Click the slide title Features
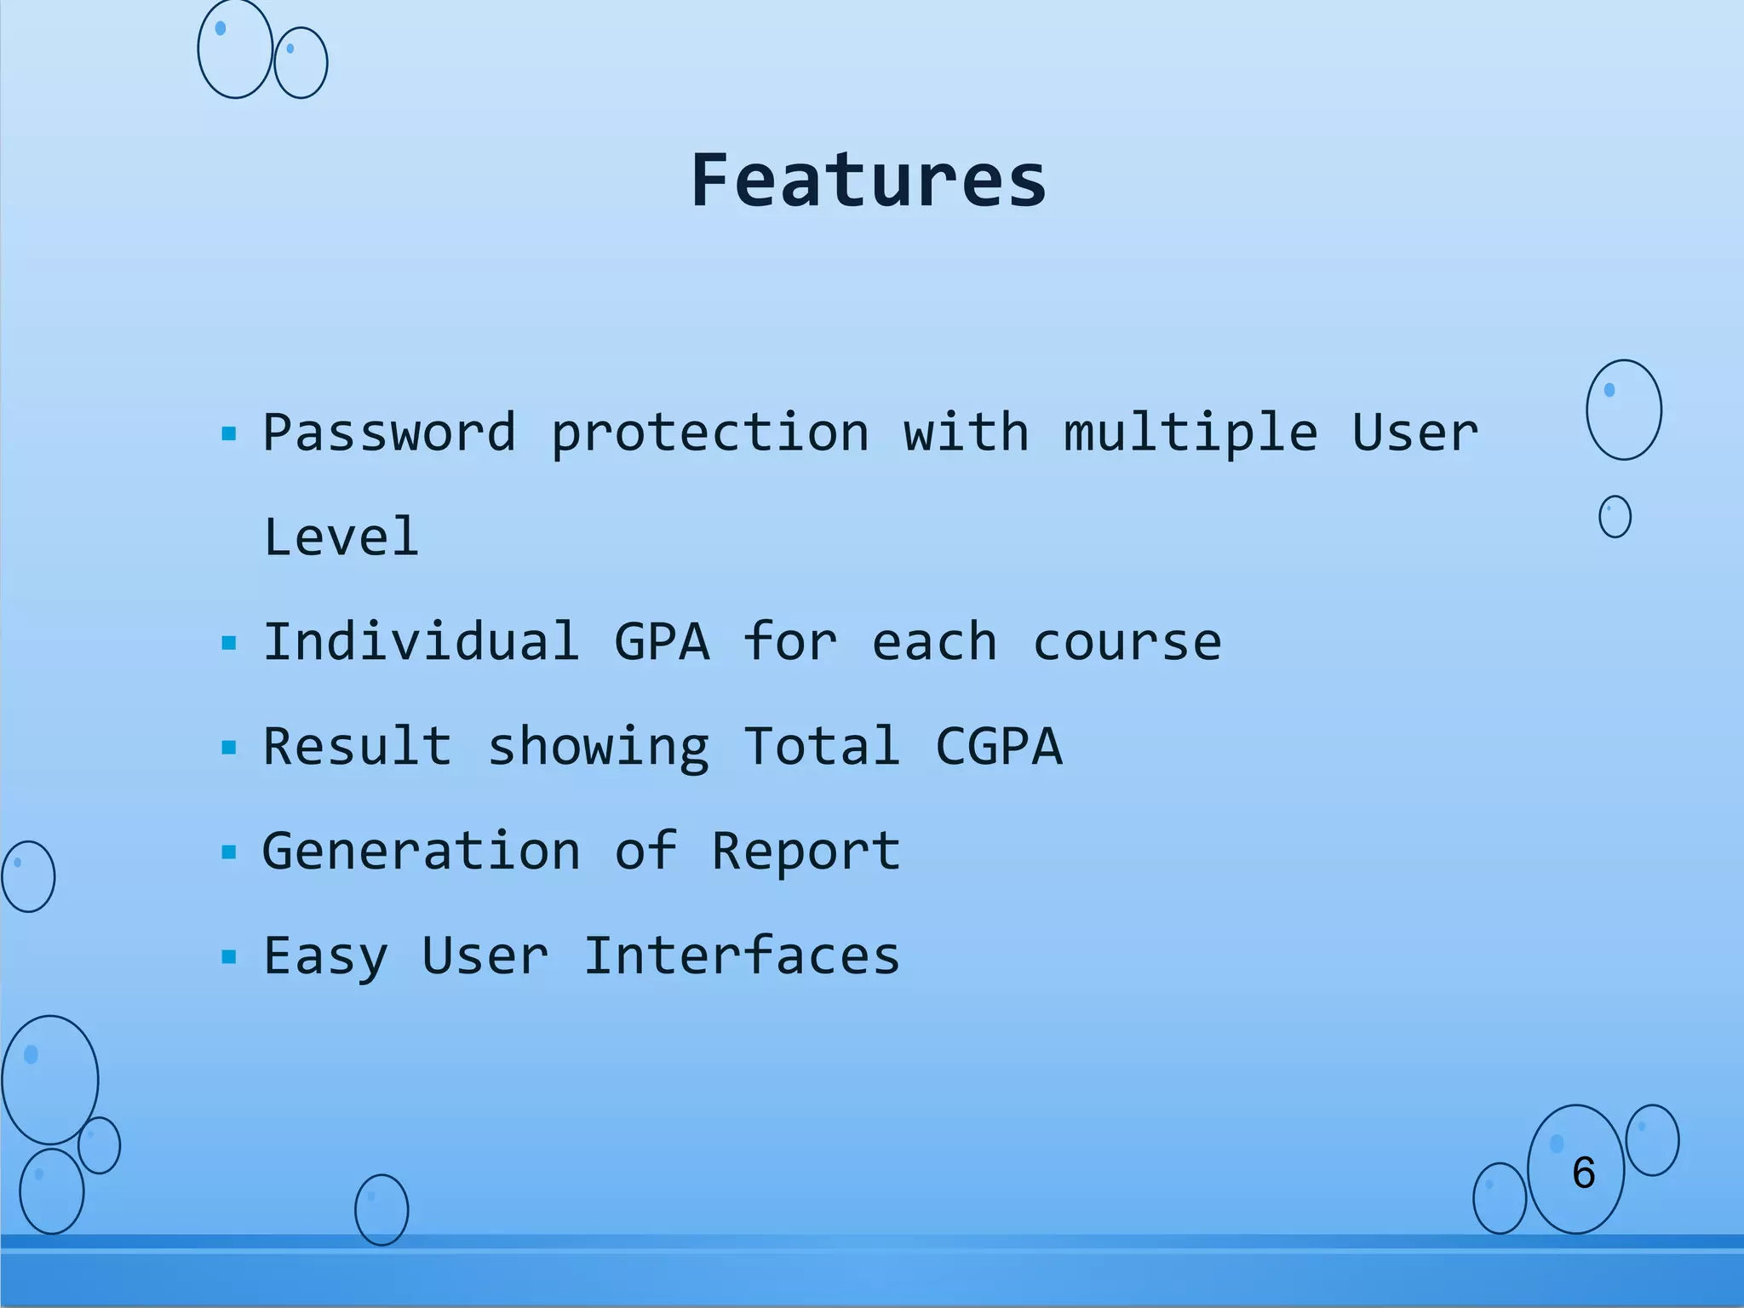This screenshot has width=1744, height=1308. (868, 181)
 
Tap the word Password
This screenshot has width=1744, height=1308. (389, 433)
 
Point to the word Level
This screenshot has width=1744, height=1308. (341, 537)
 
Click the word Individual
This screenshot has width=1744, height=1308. (422, 641)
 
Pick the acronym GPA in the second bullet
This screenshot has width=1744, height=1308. (662, 642)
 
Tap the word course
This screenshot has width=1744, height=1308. (1127, 642)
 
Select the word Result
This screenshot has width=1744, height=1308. (357, 746)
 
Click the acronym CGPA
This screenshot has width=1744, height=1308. (999, 747)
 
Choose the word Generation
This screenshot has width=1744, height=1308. (422, 851)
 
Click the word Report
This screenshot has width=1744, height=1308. (806, 852)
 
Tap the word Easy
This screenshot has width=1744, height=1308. (325, 956)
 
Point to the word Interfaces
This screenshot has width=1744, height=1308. (741, 955)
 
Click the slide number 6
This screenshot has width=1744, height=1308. (1583, 1173)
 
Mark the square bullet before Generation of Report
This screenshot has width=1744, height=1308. (228, 852)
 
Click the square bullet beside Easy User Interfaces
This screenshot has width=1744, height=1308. (228, 957)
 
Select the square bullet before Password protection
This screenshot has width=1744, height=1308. (228, 434)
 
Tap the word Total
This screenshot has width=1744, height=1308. (822, 746)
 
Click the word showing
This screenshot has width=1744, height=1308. (598, 748)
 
